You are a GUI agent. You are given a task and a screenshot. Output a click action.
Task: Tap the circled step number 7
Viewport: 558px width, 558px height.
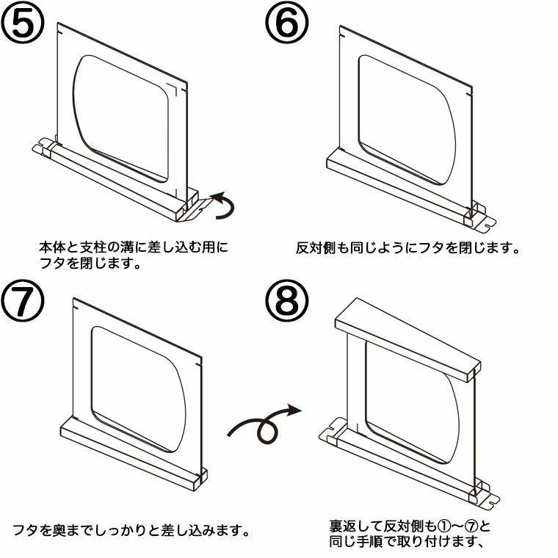pyautogui.click(x=23, y=302)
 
